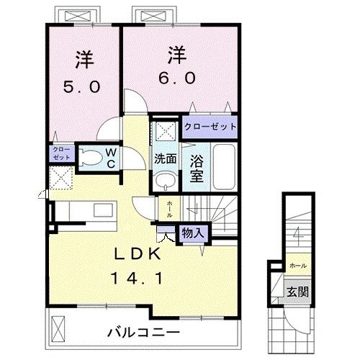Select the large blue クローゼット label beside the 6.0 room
[210, 126]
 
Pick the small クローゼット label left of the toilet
[60, 153]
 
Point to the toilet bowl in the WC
[90, 158]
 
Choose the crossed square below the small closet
[60, 177]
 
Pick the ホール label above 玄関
[296, 265]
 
